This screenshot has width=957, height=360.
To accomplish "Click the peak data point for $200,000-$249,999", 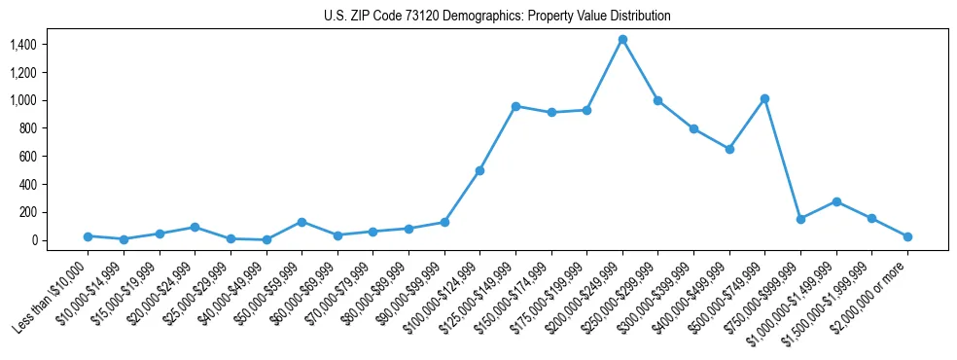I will (x=622, y=39).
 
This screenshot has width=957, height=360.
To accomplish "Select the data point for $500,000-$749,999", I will (x=765, y=98).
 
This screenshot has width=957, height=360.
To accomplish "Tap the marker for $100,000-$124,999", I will (x=479, y=170).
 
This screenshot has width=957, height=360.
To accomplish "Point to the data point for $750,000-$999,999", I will (x=800, y=219).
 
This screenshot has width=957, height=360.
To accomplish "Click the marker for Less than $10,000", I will (x=88, y=236).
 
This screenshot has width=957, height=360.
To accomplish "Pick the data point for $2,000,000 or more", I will (x=907, y=236).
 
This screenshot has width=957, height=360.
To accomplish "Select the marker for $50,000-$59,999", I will (x=301, y=222).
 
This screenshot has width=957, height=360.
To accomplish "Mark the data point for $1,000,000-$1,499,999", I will (x=836, y=201).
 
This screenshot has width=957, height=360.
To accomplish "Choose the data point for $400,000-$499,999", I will (x=729, y=149).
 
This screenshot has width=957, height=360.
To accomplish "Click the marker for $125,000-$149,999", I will (x=515, y=106).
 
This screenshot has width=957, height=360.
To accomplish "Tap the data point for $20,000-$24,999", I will (x=195, y=227).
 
